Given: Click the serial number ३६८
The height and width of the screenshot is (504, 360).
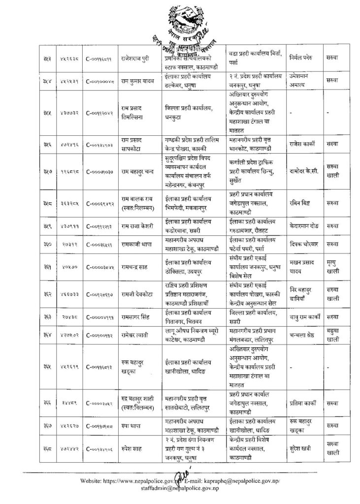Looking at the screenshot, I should tap(44, 446).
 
